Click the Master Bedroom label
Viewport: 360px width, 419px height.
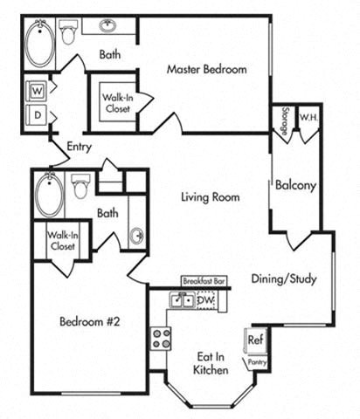click(206, 69)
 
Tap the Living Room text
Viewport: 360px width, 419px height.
click(210, 197)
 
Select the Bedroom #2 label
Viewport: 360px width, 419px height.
click(88, 321)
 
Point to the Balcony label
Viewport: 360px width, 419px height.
click(294, 185)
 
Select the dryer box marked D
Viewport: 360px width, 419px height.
click(38, 114)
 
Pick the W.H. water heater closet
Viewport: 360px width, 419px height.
click(308, 117)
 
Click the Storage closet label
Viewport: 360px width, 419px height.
click(285, 117)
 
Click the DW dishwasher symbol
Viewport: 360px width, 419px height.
click(206, 300)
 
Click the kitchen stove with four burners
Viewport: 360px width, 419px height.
click(161, 338)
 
